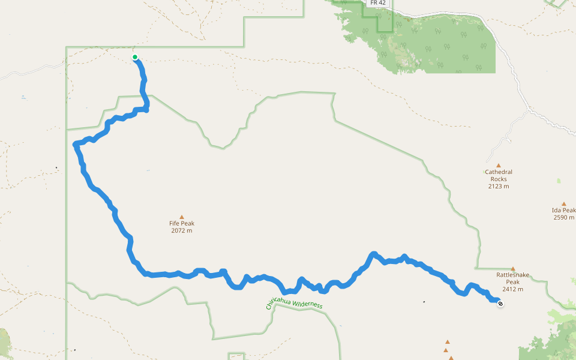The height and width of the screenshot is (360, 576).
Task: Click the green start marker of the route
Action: pos(135,58)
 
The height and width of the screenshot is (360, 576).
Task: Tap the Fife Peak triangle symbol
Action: pos(181,217)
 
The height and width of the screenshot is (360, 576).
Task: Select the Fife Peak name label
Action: pos(181,224)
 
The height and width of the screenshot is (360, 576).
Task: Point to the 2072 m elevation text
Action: pos(181,230)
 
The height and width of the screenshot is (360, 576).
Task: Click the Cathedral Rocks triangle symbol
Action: pos(498,165)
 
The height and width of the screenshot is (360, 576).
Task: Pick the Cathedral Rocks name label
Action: pos(498,175)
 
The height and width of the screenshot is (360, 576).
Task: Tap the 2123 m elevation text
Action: pos(498,186)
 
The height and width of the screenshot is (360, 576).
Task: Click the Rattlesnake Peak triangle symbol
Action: pos(513,269)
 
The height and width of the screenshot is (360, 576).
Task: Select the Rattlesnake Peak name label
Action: pos(513,278)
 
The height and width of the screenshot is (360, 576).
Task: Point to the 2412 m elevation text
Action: pos(513,289)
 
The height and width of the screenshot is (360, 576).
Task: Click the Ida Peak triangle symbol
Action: pos(563,204)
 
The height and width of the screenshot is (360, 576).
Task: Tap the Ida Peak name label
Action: pos(563,211)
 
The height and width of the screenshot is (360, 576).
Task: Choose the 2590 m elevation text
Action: pos(564,217)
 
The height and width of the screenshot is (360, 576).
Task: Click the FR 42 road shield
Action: pos(378,3)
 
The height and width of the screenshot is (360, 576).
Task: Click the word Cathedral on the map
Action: pos(498,172)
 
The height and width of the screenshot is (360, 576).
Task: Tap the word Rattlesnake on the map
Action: pos(513,275)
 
